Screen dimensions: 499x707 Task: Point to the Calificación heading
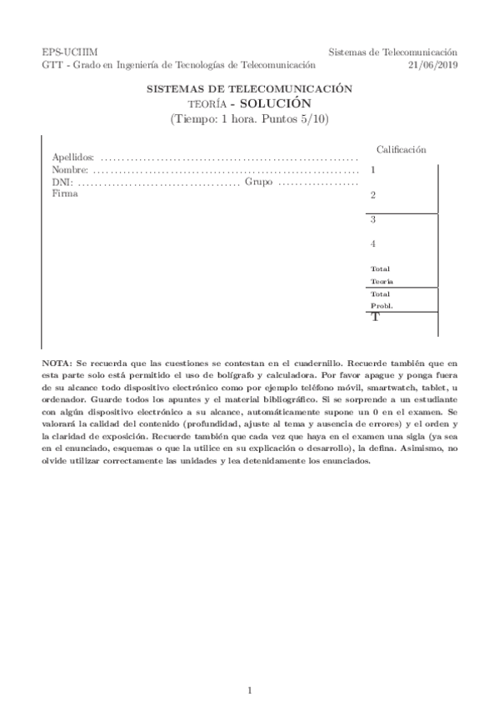click(x=402, y=149)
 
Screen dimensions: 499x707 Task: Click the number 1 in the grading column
click(x=373, y=170)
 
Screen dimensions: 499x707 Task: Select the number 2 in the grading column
click(x=373, y=195)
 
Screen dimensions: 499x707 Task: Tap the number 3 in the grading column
click(x=373, y=220)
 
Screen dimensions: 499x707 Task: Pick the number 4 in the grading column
click(x=373, y=244)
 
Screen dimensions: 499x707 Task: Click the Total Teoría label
click(x=382, y=275)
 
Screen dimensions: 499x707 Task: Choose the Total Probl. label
click(x=382, y=300)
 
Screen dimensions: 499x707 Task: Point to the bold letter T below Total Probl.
click(x=375, y=318)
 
